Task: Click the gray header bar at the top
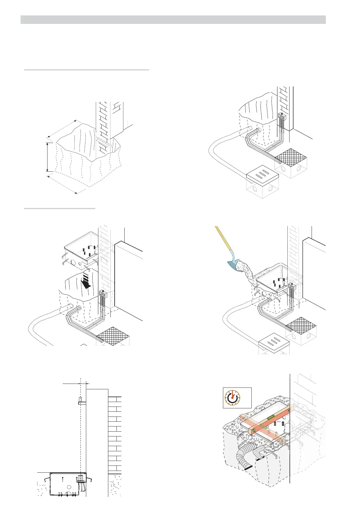click(x=173, y=20)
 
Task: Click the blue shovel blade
click(x=235, y=263)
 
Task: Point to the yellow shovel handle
click(x=222, y=239)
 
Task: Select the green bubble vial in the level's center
click(x=271, y=418)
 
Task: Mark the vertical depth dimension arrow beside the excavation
click(x=47, y=157)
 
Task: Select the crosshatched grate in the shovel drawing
click(x=301, y=326)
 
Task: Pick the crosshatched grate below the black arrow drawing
click(x=113, y=336)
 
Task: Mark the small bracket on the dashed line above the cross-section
click(x=80, y=401)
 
